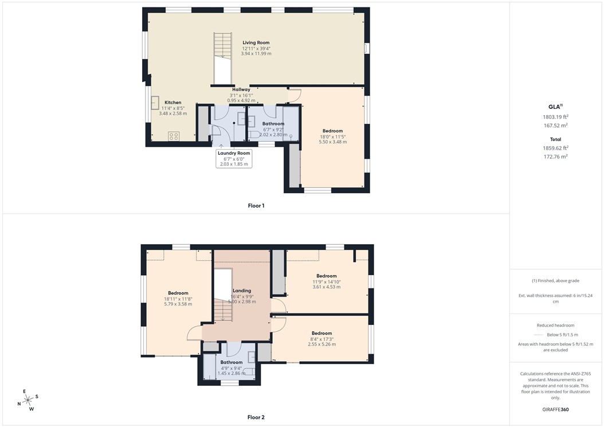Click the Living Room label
[256, 42]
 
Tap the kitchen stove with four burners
[173, 136]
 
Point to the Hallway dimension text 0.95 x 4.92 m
[241, 100]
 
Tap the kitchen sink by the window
[155, 103]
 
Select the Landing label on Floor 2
[241, 291]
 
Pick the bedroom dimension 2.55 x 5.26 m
[321, 344]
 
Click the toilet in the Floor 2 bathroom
[250, 372]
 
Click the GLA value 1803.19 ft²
[555, 116]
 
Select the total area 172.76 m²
[555, 156]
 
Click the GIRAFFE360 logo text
[555, 410]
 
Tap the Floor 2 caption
[256, 417]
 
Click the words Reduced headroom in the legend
[555, 325]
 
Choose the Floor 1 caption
[256, 205]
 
